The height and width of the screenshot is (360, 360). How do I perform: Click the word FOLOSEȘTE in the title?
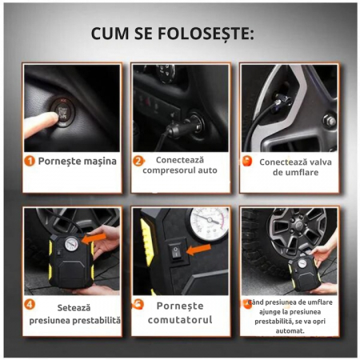pos(206,34)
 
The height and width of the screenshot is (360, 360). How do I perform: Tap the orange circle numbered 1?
pos(30,161)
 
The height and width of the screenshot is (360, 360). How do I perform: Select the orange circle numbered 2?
pos(138,161)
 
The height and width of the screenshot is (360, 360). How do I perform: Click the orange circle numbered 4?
pos(30,304)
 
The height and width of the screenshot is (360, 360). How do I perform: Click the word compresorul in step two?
pos(169,170)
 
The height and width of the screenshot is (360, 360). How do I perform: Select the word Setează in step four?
pos(74,308)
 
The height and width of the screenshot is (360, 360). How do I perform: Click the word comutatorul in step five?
pos(180,320)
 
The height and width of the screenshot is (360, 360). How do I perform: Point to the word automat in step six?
pos(290,331)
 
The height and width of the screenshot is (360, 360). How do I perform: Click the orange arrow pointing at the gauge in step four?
pos(94,238)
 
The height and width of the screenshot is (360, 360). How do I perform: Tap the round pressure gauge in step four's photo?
pos(72,243)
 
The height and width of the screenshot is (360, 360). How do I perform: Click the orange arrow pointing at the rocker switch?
pos(198,250)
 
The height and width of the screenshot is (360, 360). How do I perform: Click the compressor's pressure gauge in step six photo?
pos(302,263)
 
